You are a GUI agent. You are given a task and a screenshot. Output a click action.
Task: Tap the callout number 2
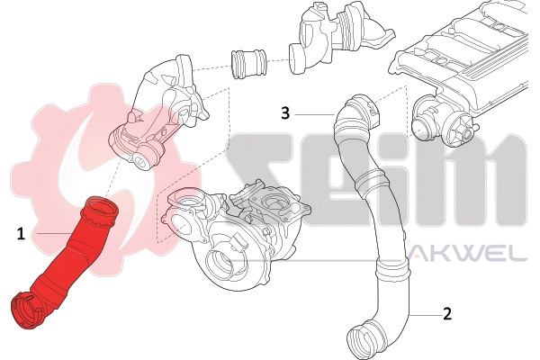pos(446,314)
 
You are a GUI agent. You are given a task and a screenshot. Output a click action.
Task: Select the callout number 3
pos(284,112)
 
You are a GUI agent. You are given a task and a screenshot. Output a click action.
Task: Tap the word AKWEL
pos(469,256)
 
